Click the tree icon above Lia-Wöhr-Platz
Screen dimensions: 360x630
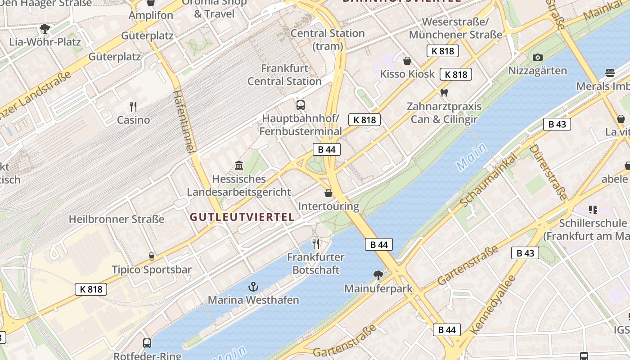click(45, 29)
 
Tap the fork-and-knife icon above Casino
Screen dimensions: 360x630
click(133, 107)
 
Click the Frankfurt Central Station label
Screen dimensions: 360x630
click(284, 75)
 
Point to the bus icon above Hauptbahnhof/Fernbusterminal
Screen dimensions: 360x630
click(301, 105)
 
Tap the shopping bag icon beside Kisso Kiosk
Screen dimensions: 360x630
click(407, 61)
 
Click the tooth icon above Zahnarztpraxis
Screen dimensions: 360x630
click(444, 93)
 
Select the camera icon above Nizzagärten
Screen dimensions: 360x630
click(537, 57)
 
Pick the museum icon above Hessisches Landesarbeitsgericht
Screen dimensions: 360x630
click(239, 166)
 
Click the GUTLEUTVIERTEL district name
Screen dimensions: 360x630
click(242, 217)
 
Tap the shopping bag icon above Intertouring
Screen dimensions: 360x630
click(328, 193)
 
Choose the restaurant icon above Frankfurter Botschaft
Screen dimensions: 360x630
click(316, 244)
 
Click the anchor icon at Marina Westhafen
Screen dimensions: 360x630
click(253, 286)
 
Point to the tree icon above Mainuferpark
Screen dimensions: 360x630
click(378, 275)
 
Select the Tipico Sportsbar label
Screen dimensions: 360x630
click(152, 270)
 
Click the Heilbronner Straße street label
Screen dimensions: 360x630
click(117, 219)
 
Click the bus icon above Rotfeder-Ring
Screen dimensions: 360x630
click(147, 343)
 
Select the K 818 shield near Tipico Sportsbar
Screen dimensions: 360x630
click(91, 289)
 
